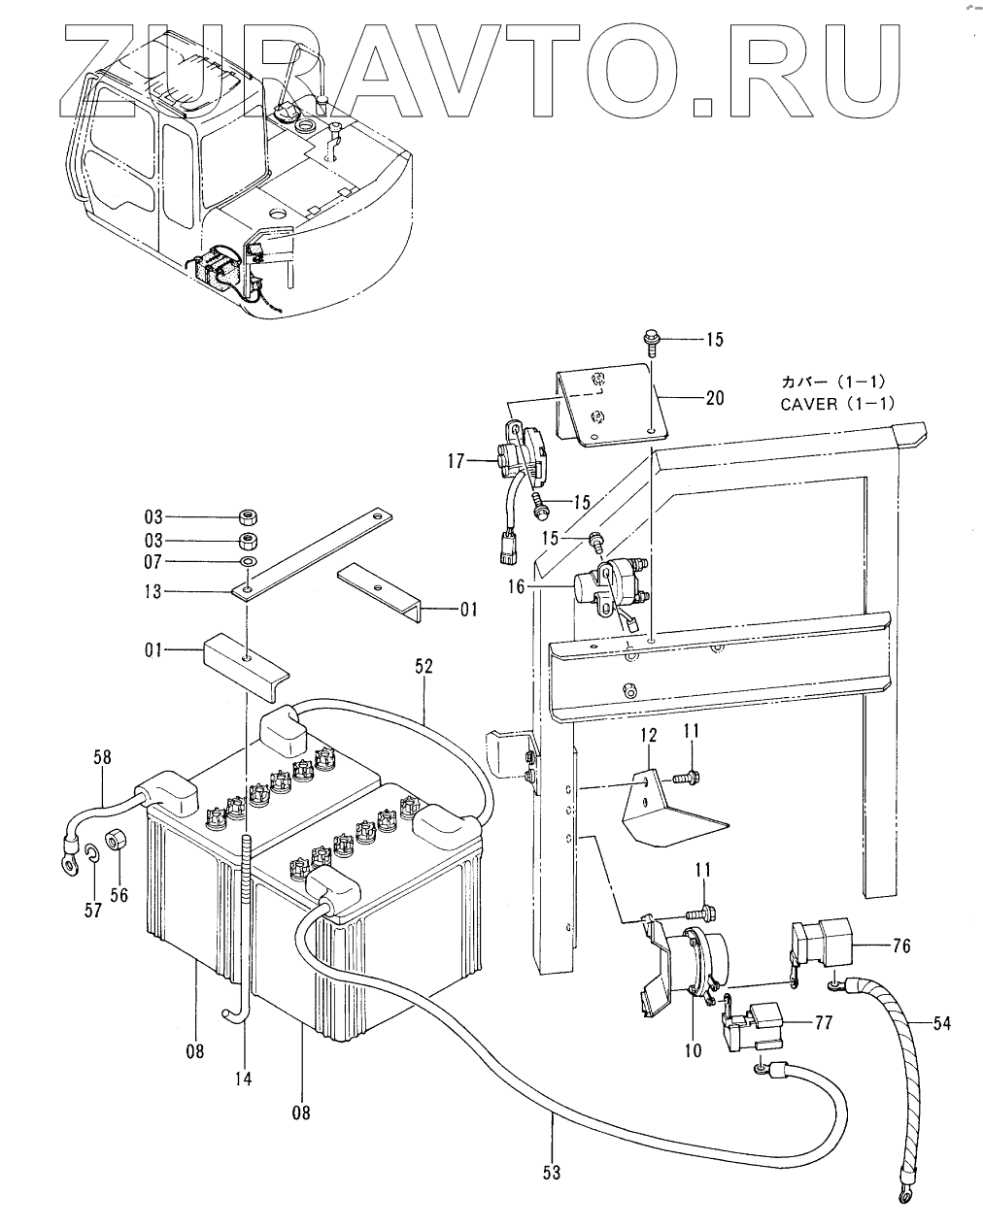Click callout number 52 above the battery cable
[x=424, y=667]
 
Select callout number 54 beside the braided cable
[x=942, y=1024]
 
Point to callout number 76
[x=901, y=946]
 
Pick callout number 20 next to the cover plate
[x=715, y=398]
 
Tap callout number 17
[x=456, y=460]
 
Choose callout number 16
[x=516, y=586]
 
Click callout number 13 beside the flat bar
[x=153, y=592]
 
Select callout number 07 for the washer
[x=153, y=562]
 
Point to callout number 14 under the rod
[x=244, y=1079]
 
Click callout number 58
[x=103, y=757]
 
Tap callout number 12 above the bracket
[x=648, y=735]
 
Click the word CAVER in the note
[x=809, y=404]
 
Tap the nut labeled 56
[x=116, y=841]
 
